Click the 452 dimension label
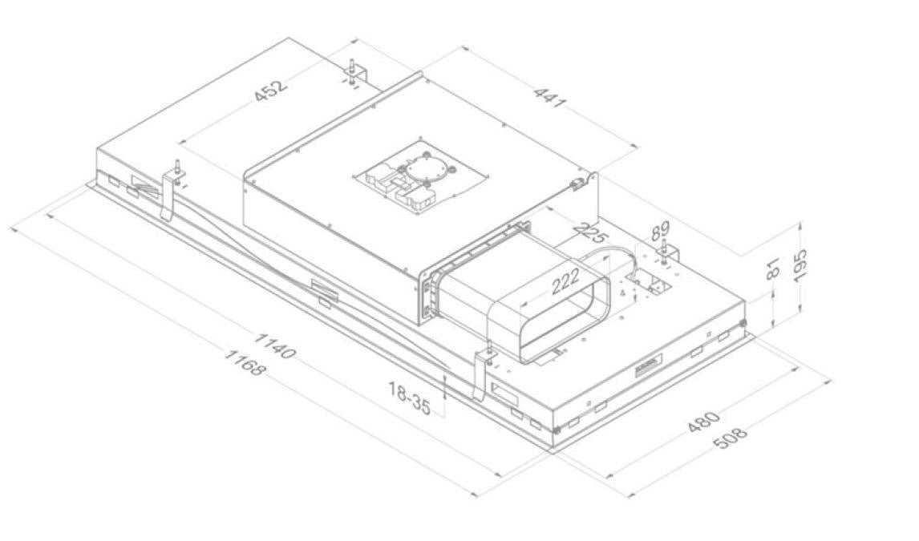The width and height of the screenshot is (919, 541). pyautogui.click(x=272, y=90)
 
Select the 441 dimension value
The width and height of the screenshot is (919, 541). pyautogui.click(x=550, y=97)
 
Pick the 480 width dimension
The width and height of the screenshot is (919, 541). pyautogui.click(x=703, y=422)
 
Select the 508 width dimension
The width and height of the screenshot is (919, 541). pyautogui.click(x=731, y=438)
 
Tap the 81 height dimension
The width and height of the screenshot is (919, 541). pyautogui.click(x=774, y=268)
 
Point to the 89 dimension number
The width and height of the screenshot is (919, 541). pyautogui.click(x=660, y=230)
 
